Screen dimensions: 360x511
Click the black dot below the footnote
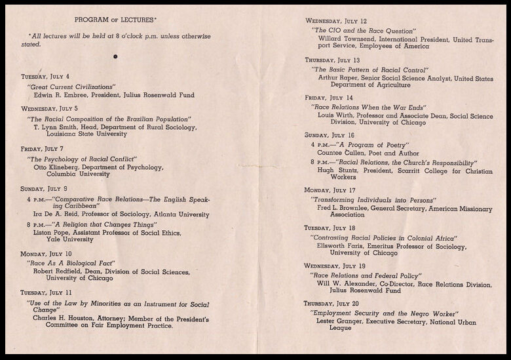pyautogui.click(x=115, y=57)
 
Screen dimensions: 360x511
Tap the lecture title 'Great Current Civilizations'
pyautogui.click(x=71, y=87)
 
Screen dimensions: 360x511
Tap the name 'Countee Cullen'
pyautogui.click(x=343, y=153)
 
